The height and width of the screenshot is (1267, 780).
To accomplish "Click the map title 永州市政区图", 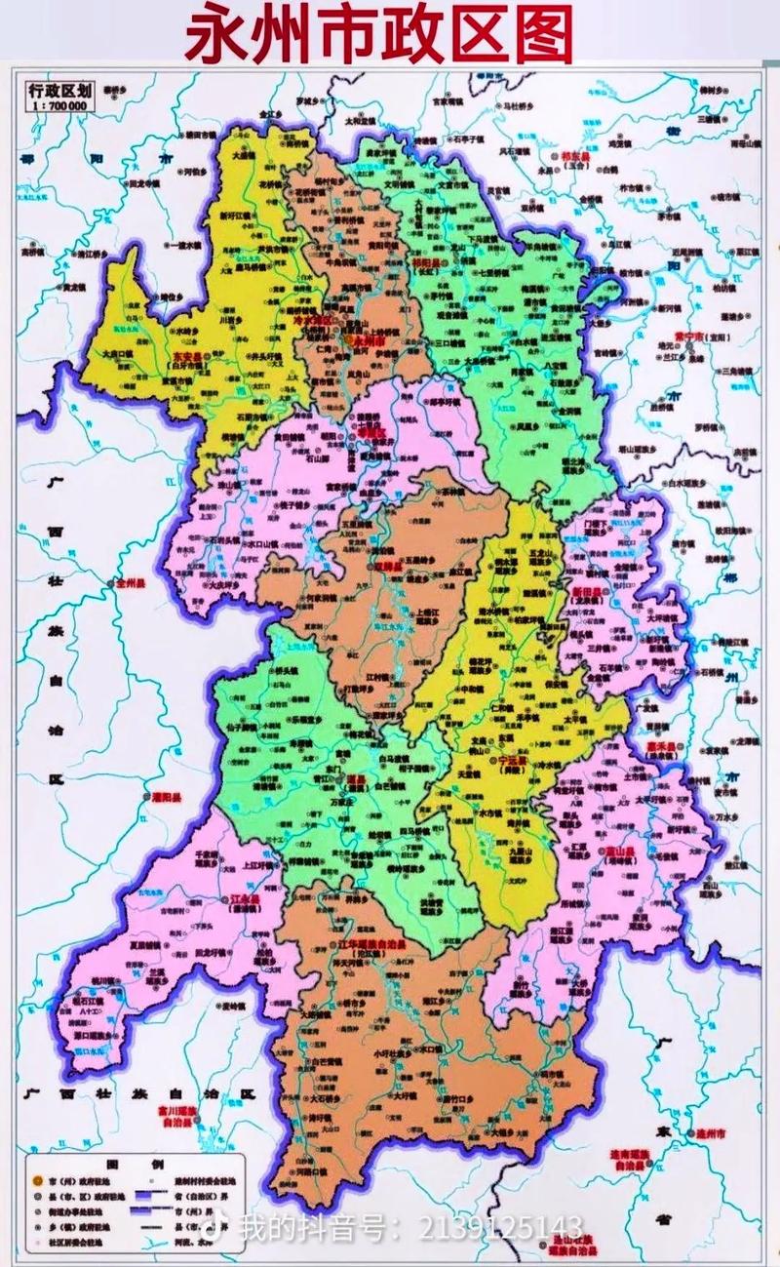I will [x=380, y=35].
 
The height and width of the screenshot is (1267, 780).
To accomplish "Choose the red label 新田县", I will [x=588, y=592].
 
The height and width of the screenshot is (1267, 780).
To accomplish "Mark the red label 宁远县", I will [x=512, y=759].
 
